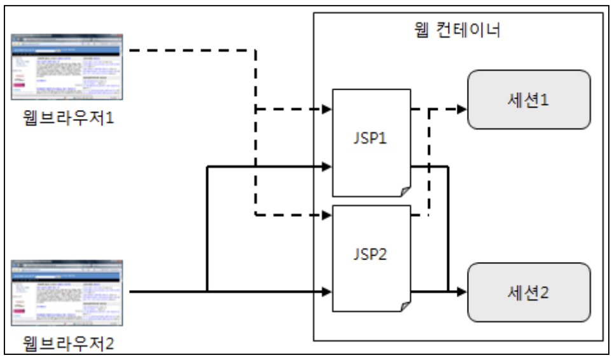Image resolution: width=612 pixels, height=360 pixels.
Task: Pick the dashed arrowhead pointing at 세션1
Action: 462,109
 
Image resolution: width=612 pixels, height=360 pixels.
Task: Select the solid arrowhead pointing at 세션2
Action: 462,292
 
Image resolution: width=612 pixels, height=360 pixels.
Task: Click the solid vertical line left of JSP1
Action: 207,229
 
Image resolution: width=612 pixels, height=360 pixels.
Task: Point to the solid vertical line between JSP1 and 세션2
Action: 449,229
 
